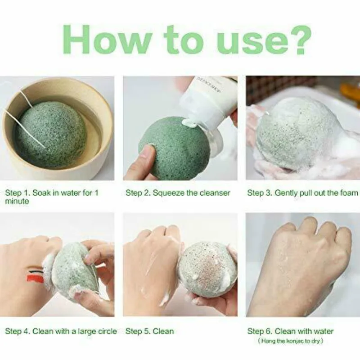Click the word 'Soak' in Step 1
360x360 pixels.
[x=41, y=193]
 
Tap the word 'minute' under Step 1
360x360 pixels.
[x=17, y=201]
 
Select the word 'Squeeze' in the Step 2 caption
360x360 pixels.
[x=168, y=193]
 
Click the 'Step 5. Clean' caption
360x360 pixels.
[x=149, y=331]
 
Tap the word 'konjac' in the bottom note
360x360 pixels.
[x=294, y=341]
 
